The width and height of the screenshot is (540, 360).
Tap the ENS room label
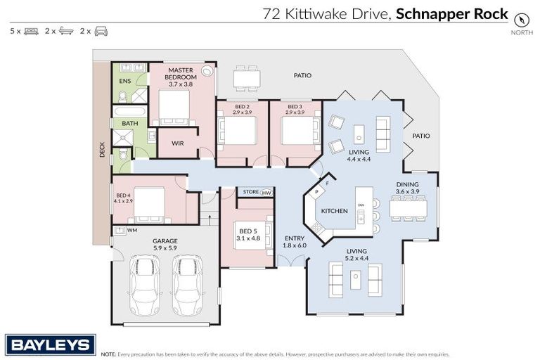[124, 82]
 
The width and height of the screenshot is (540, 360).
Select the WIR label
[177, 143]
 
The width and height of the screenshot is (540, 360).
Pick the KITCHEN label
[335, 211]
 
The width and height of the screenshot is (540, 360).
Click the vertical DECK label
[102, 149]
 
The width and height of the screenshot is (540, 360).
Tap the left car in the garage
[146, 284]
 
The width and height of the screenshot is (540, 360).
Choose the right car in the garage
[187, 284]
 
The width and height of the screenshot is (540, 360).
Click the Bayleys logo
[50, 345]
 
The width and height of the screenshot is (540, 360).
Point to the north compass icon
[521, 19]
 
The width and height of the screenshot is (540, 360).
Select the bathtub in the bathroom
[130, 111]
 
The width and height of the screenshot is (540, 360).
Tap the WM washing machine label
[131, 230]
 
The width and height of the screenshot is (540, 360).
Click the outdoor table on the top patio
[246, 77]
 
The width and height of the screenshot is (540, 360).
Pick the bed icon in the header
[31, 31]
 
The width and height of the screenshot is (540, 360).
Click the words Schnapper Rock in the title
[451, 13]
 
